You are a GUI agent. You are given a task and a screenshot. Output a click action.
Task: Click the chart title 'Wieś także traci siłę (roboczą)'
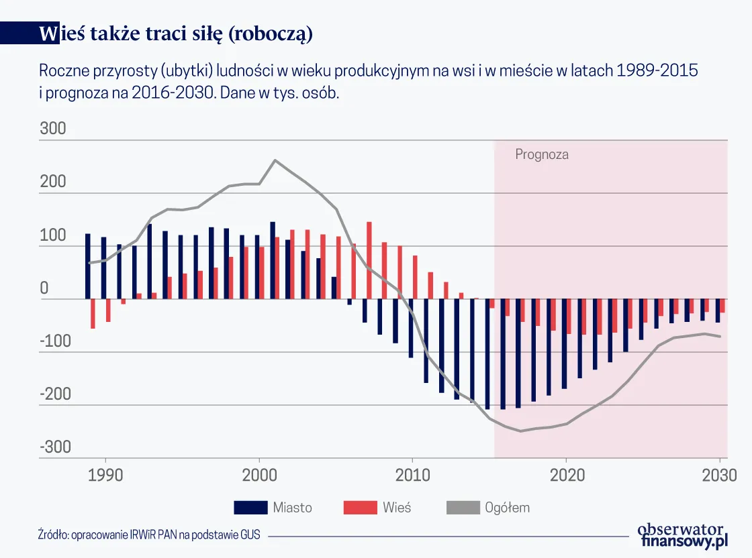click(177, 35)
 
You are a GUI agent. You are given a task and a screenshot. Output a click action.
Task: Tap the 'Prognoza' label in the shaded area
click(542, 154)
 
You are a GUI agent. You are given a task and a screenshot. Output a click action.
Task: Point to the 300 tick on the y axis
click(53, 129)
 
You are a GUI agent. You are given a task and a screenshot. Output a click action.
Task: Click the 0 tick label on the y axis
click(44, 288)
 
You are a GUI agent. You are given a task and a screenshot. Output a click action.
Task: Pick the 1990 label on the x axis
click(105, 475)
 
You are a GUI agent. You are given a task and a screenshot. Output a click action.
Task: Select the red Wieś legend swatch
click(360, 508)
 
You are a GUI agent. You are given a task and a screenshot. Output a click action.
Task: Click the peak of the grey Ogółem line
click(275, 160)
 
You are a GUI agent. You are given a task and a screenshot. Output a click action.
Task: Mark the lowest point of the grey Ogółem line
click(520, 431)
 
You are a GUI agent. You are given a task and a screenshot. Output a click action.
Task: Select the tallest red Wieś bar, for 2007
click(369, 260)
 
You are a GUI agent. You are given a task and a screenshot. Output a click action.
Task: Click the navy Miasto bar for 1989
click(87, 266)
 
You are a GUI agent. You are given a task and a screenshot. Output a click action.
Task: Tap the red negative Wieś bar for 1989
click(93, 314)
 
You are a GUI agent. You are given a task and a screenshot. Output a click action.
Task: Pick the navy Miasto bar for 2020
click(564, 343)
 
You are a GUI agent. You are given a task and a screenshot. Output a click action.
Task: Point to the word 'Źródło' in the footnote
click(53, 535)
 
